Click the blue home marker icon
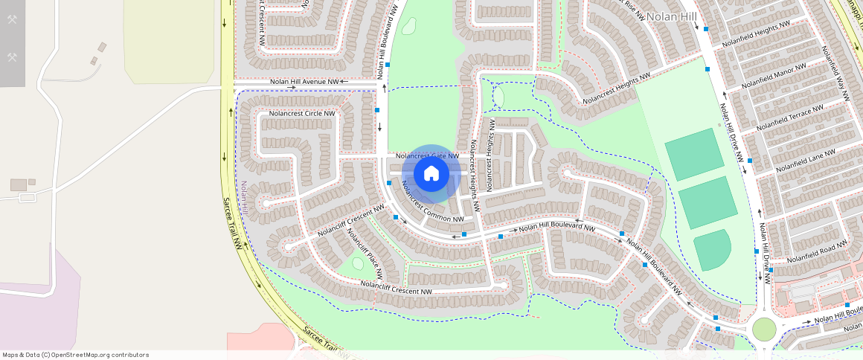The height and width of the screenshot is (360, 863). point(431,174)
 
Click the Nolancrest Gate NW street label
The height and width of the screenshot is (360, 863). point(427,156)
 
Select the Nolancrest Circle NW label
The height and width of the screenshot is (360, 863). point(302,114)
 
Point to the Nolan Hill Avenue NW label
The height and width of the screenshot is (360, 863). point(304,82)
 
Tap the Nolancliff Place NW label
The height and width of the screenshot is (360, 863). point(365,253)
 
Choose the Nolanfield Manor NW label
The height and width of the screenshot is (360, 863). point(774,75)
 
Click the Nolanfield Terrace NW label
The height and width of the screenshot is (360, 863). point(789,118)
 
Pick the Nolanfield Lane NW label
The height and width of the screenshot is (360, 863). point(805,161)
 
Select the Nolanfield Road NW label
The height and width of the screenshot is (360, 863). point(817,251)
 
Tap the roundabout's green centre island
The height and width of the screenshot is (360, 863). point(764,329)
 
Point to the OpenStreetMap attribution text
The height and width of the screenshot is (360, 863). point(75,355)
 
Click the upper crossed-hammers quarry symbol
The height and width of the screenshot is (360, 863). point(12,19)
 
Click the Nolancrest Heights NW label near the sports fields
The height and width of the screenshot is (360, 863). point(616,88)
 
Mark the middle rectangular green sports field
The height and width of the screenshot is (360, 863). point(708,202)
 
